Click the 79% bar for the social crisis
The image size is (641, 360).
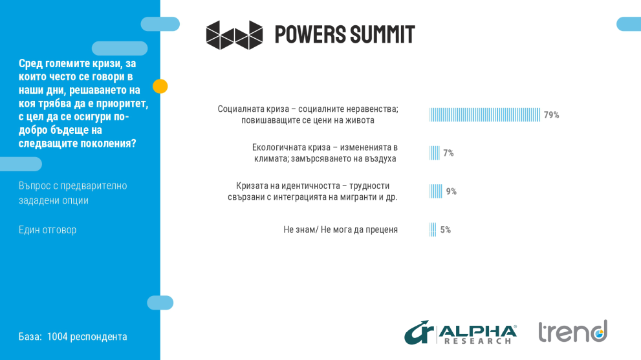(484, 115)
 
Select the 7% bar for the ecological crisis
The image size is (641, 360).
(435, 153)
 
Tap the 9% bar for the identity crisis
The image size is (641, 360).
(436, 191)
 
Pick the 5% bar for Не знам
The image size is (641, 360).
(433, 229)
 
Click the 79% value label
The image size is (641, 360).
(551, 115)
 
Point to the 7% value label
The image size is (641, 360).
(448, 153)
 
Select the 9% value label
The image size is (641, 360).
(451, 191)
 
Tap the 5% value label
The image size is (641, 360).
(445, 229)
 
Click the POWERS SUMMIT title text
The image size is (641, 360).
(345, 34)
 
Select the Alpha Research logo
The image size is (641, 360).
(461, 332)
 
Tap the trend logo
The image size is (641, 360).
(572, 332)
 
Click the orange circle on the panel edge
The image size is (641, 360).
(160, 86)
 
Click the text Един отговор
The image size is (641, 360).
(47, 229)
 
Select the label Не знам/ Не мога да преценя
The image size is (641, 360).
(340, 229)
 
